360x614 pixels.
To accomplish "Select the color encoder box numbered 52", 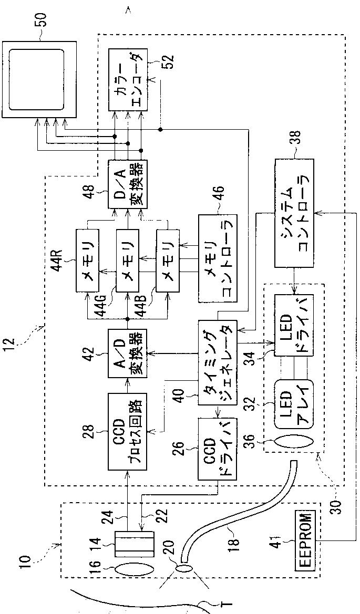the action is [x=127, y=79].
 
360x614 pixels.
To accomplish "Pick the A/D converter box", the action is [x=127, y=353].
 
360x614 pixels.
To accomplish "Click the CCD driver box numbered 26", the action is [x=218, y=449].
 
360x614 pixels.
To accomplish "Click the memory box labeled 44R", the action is [x=88, y=259].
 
